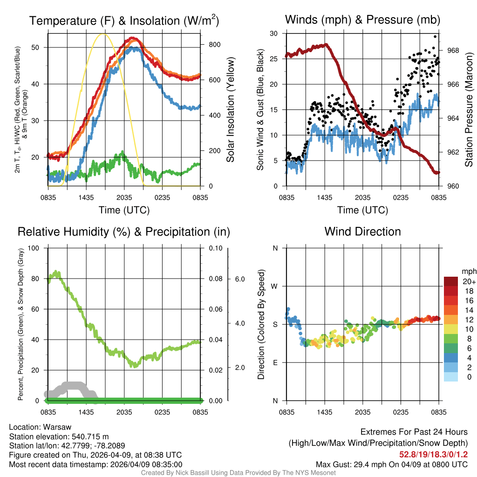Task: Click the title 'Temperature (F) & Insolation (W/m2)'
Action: [124, 20]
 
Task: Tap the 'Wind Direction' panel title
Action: [362, 232]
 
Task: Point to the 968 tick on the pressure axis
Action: [453, 50]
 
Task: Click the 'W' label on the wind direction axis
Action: [275, 286]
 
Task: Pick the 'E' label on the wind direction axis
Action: [275, 362]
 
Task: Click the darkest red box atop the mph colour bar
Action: [451, 281]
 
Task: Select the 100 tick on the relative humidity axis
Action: [34, 248]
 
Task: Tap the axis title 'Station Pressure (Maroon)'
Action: [469, 110]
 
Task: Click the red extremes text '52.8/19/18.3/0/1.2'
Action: [433, 454]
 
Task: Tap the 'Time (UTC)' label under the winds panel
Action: [362, 210]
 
